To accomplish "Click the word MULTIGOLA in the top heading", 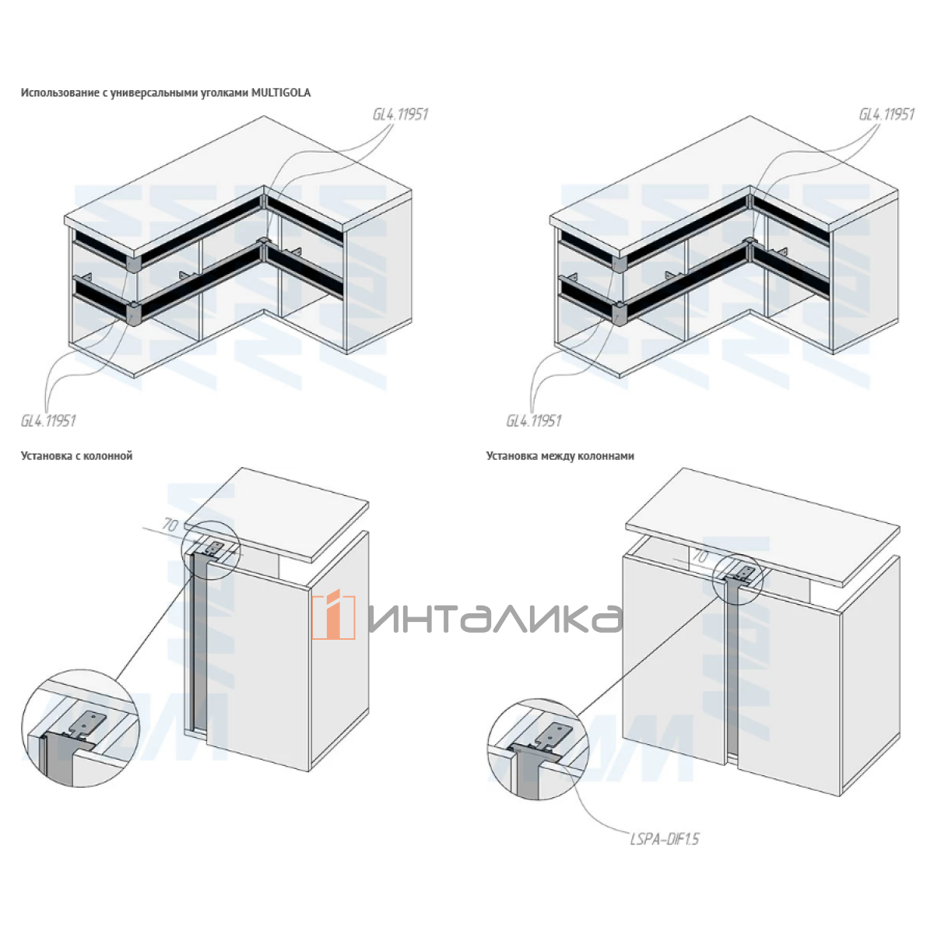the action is point(281,93).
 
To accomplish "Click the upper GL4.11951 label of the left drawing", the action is point(400,114).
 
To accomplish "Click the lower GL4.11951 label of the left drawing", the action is point(48,420).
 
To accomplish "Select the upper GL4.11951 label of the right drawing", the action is point(887,114).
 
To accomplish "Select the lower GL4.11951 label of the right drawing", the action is point(534,420).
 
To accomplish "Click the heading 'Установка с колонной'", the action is point(76,456).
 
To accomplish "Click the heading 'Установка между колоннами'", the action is point(560,456).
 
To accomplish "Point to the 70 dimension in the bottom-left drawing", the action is point(169,525).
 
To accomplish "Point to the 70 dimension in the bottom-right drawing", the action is point(700,557).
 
